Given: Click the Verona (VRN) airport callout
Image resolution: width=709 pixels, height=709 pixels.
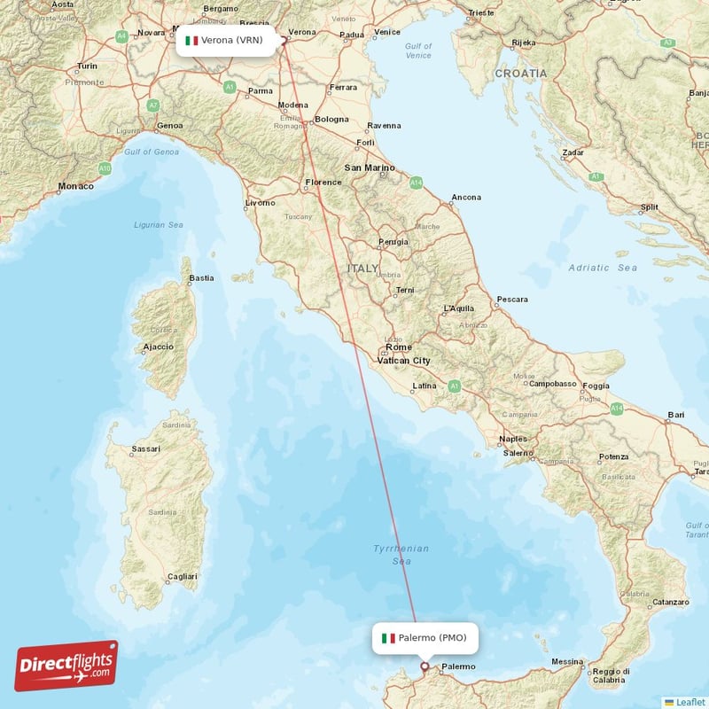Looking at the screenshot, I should click(225, 40).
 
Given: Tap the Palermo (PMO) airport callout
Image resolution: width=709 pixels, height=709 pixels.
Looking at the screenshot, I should click(425, 638).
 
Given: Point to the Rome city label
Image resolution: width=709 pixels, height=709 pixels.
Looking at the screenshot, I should click(398, 347).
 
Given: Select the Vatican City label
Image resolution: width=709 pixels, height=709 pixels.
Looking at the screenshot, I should click(403, 361).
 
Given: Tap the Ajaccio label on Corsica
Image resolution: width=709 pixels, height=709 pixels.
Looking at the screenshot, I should click(160, 347).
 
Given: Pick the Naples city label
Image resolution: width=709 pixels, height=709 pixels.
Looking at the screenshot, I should click(513, 439).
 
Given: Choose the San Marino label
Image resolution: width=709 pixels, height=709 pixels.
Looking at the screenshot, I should click(369, 168).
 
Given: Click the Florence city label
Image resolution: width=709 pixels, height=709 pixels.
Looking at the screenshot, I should click(323, 183).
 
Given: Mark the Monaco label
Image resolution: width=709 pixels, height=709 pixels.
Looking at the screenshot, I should click(75, 186).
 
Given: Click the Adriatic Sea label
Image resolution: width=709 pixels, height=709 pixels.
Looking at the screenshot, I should click(603, 268).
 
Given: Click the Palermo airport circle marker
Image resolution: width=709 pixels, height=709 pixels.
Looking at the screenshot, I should click(424, 666).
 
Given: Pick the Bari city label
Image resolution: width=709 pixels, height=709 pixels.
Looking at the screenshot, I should click(676, 414).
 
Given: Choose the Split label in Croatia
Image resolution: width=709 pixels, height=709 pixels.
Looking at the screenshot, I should click(649, 207).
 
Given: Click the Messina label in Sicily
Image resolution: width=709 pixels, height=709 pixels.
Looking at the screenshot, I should click(567, 662).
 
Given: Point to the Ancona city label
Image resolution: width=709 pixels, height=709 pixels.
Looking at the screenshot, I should click(466, 197).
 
